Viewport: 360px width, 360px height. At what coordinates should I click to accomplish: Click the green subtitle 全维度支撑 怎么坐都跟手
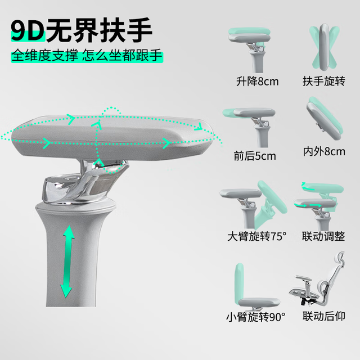pos(87,55)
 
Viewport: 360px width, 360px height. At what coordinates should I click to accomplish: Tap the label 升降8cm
pos(257,81)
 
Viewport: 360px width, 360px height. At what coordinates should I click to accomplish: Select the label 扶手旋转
pos(324,81)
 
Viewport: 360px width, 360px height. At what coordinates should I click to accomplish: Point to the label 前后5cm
pos(255,156)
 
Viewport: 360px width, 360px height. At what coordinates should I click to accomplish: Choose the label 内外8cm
pos(324,152)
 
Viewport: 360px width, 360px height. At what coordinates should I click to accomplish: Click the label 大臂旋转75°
pos(256,236)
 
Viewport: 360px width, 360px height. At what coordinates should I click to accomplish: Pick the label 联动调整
pos(323,236)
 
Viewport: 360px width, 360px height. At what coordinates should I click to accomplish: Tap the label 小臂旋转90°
pos(255,317)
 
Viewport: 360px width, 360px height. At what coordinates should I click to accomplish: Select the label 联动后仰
pos(324,316)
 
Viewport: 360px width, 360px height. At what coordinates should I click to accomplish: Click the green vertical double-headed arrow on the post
pos(67,262)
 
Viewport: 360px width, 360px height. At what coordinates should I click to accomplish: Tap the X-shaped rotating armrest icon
pos(324,48)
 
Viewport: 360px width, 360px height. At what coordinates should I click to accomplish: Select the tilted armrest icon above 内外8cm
pos(324,119)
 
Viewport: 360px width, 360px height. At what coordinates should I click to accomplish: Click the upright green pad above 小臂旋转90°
pos(239,283)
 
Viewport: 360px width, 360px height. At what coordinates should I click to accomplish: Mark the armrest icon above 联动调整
pos(319,205)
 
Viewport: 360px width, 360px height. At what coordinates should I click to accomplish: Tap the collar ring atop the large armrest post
pos(75,206)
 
